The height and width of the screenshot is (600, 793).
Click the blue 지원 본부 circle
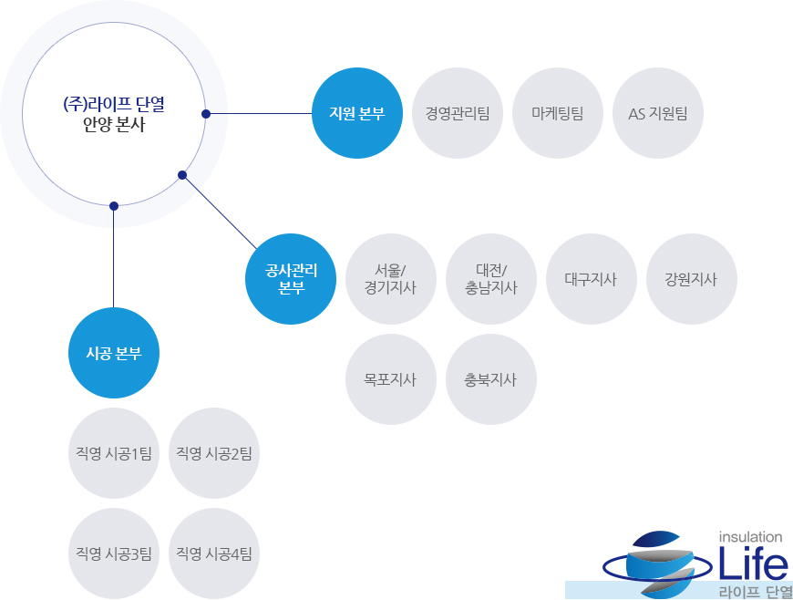pos(357,113)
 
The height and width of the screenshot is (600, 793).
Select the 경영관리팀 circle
pos(458,113)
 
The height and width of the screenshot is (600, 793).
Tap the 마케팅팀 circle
pos(557,113)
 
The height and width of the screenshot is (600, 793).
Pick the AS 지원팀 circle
pos(657,113)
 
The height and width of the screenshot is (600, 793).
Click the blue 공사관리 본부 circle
pos(290,279)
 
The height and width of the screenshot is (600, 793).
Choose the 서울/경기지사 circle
pos(390,279)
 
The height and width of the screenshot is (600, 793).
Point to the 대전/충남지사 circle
pos(490,279)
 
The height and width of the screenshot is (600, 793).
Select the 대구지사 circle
pos(591,279)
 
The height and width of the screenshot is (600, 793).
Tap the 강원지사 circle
pos(691,279)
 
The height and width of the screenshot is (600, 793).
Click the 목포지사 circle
pos(390,379)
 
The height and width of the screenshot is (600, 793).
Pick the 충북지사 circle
pos(490,379)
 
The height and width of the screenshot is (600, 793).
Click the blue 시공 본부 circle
pos(113,353)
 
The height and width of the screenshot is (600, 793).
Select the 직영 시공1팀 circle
pos(113,453)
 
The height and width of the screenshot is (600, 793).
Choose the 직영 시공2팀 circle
pos(213,453)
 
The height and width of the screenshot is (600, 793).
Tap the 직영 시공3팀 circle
pos(113,553)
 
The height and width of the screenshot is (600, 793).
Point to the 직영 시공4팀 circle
pos(213,553)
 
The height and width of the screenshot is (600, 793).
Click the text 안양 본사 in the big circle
pos(114,124)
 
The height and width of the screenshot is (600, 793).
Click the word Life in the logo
pos(753,562)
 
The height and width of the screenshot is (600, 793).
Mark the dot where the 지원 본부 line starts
pos(206,114)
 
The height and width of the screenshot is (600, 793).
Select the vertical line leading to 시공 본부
pos(113,259)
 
